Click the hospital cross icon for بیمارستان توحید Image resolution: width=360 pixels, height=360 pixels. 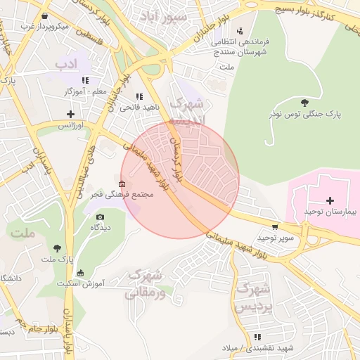(x=330, y=200)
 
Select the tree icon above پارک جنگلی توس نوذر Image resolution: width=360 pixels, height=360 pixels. (x=304, y=103)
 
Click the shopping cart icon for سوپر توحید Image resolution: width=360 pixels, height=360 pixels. (x=274, y=227)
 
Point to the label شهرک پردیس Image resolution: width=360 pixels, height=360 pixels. (x=252, y=297)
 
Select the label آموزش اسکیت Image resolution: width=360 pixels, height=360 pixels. (x=79, y=284)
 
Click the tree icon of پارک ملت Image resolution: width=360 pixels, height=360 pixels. (x=57, y=248)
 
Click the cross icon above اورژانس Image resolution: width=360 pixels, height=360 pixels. (x=70, y=114)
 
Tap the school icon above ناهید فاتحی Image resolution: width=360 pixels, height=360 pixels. (x=139, y=96)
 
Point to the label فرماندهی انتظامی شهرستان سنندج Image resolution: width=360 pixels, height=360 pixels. (x=240, y=46)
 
